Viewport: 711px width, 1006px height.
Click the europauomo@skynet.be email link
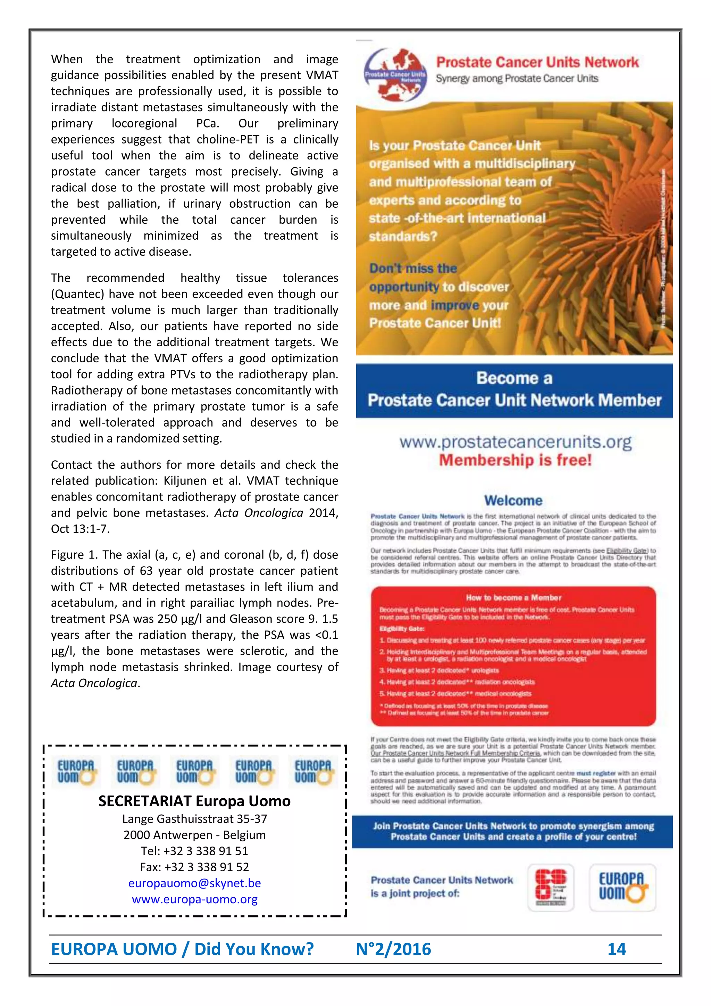194,883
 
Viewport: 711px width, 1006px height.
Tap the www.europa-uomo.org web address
194,899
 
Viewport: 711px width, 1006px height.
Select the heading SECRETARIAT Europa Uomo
194,801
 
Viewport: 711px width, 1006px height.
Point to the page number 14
617,949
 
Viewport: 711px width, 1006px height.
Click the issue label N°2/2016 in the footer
393,949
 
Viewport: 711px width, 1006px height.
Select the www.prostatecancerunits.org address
515,442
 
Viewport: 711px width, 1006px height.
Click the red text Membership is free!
515,460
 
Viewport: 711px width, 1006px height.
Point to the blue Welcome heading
513,500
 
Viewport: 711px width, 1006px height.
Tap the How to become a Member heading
513,597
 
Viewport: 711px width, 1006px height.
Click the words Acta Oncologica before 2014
258,513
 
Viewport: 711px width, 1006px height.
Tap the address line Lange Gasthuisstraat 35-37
194,818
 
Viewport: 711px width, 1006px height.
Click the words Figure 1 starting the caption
74,555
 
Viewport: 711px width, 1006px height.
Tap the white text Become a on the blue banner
514,378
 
